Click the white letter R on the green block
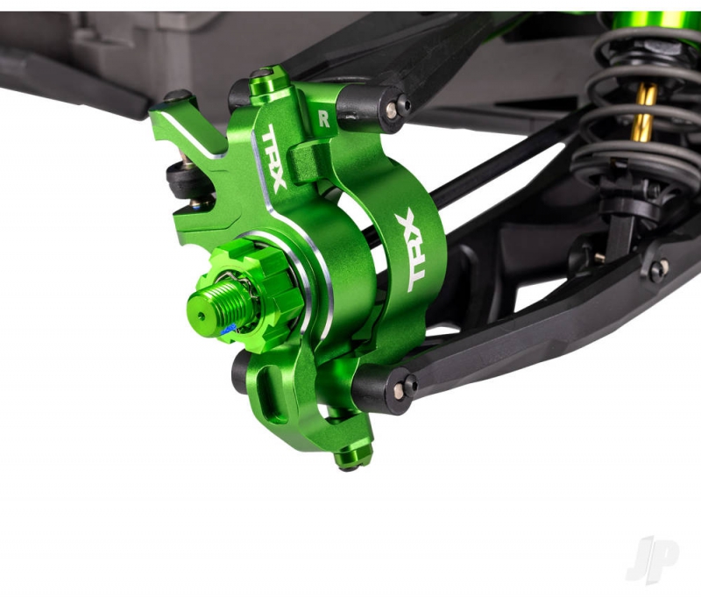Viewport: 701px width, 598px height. point(323,119)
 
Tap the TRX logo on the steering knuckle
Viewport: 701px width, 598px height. point(273,158)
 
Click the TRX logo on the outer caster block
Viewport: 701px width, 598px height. point(411,251)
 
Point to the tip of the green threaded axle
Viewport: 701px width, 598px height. point(201,315)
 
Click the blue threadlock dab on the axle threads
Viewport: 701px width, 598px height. point(229,330)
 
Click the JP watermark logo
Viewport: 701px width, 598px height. point(653,559)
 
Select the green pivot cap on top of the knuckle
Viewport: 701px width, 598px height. point(268,82)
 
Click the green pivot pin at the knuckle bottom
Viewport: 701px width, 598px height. point(353,455)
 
